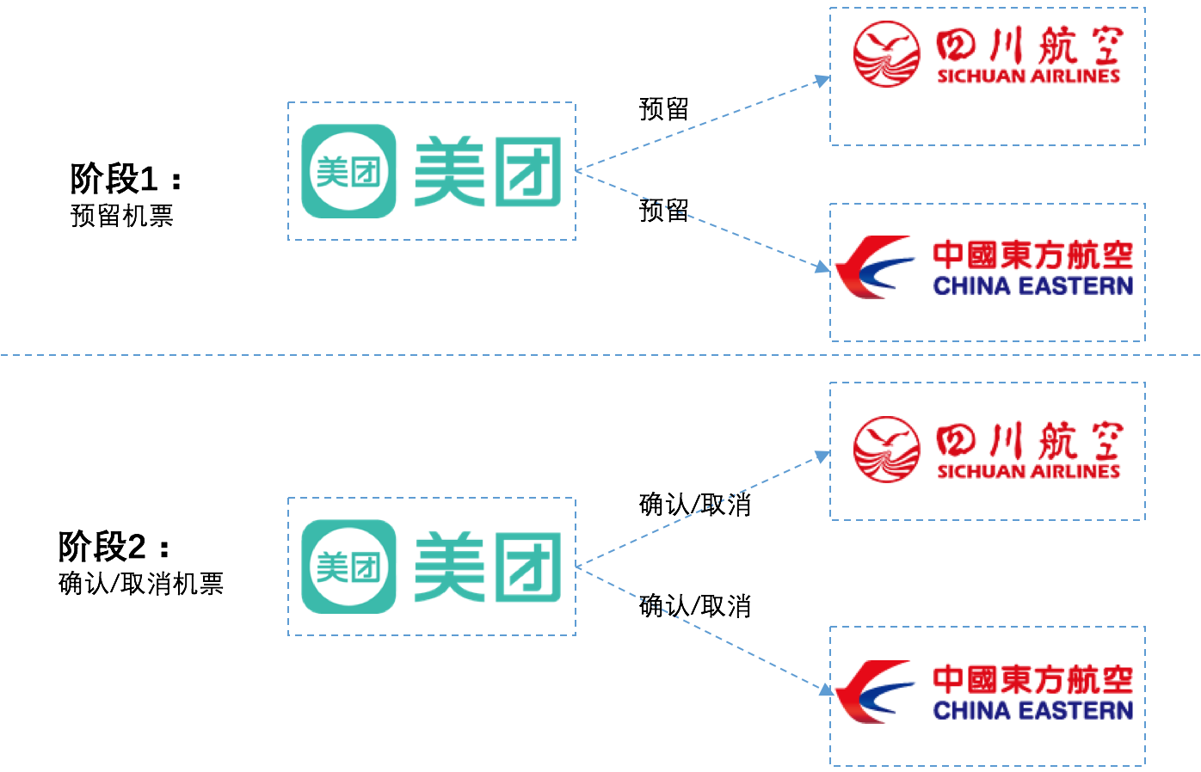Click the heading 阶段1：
pyautogui.click(x=126, y=179)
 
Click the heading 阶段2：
pyautogui.click(x=114, y=547)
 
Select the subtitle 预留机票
pyautogui.click(x=121, y=216)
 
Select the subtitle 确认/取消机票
pyautogui.click(x=141, y=585)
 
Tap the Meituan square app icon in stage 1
pyautogui.click(x=348, y=171)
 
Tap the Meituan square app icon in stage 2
pyautogui.click(x=348, y=567)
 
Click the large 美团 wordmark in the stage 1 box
pyautogui.click(x=487, y=172)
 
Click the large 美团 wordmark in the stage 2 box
pyautogui.click(x=487, y=567)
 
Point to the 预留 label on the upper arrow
pyautogui.click(x=663, y=109)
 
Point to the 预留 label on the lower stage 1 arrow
pyautogui.click(x=663, y=211)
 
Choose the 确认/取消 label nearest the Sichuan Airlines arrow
pyautogui.click(x=694, y=505)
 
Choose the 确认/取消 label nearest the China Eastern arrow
pyautogui.click(x=694, y=606)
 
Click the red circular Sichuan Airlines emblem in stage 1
pyautogui.click(x=887, y=54)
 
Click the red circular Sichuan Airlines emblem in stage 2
pyautogui.click(x=887, y=450)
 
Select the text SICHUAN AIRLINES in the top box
pyautogui.click(x=1028, y=77)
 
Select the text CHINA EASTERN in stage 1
pyautogui.click(x=1032, y=286)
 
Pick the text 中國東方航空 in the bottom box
pyautogui.click(x=1032, y=679)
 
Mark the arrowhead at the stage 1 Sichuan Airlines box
pyautogui.click(x=822, y=81)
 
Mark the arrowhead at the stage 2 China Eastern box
pyautogui.click(x=825, y=689)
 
